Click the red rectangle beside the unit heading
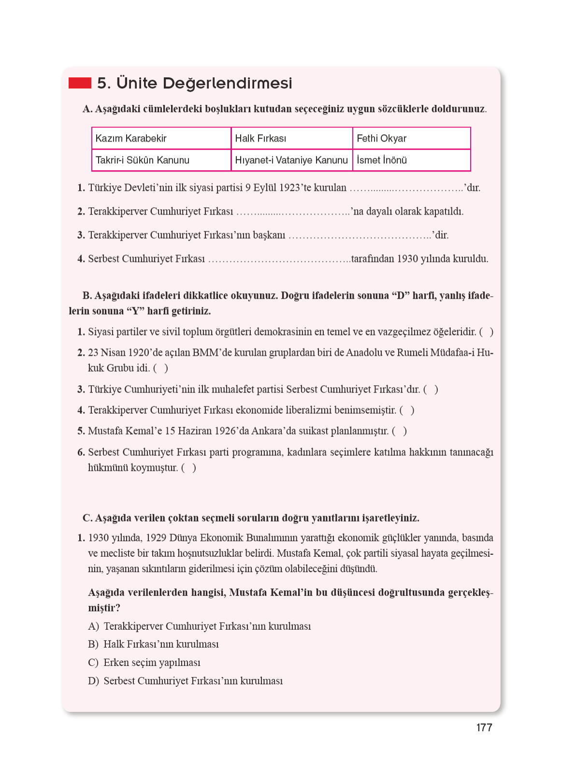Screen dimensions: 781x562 (x=80, y=83)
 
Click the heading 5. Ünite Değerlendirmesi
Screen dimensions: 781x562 (x=194, y=83)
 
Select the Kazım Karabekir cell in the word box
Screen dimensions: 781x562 (x=161, y=138)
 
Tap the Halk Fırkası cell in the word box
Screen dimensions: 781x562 (x=291, y=138)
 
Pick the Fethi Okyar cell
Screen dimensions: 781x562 (x=411, y=138)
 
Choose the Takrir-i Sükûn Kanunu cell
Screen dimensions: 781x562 (x=161, y=160)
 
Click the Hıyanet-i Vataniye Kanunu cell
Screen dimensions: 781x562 (x=291, y=160)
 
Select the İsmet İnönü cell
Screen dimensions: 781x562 (x=411, y=160)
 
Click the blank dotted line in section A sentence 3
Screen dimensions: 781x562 (x=360, y=236)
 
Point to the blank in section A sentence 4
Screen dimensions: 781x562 (x=279, y=260)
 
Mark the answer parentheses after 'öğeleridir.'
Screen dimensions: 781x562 (x=486, y=332)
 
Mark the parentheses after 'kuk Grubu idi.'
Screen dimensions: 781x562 (x=160, y=368)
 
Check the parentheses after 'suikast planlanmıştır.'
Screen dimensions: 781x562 (x=399, y=431)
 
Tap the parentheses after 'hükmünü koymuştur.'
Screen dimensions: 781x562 (x=188, y=468)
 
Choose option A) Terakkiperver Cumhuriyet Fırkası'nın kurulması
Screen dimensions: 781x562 (x=200, y=626)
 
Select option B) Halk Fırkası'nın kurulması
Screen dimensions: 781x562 (x=154, y=644)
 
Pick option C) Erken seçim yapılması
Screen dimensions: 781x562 (x=144, y=663)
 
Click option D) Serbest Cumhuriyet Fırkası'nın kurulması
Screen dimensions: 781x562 (x=186, y=681)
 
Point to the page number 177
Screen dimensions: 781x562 (x=484, y=728)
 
